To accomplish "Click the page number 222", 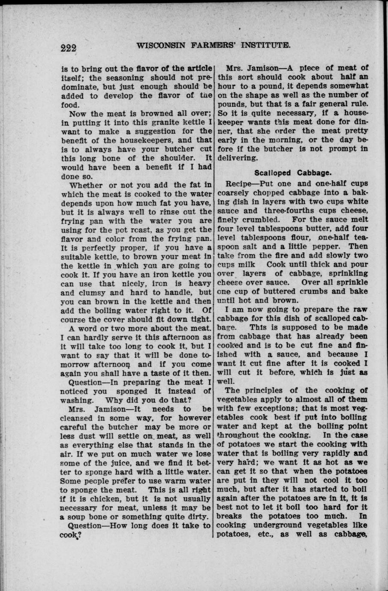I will [68, 48].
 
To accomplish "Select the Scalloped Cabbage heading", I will [293, 173].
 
